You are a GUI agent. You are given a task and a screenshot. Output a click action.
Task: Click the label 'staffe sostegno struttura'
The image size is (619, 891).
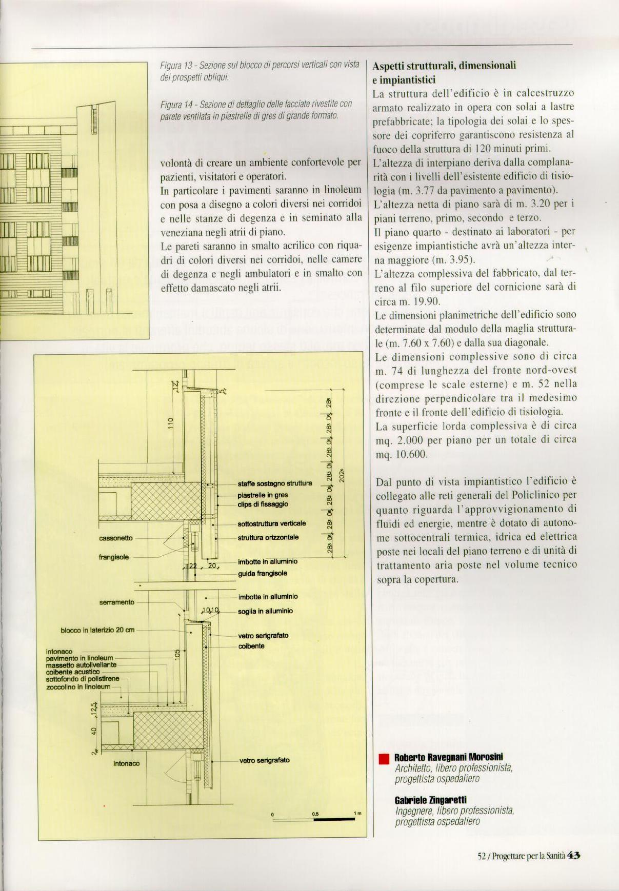tap(274, 483)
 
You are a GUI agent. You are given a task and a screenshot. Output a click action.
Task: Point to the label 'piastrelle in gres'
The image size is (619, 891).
tap(263, 495)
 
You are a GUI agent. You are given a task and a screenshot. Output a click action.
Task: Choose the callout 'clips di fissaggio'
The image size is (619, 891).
tap(263, 504)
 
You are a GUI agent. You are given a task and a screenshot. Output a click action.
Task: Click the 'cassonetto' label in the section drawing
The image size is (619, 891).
tap(115, 538)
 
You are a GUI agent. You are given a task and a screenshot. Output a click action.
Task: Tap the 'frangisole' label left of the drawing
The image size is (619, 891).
tap(113, 557)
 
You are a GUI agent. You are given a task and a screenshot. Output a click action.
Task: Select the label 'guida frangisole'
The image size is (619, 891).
tap(262, 574)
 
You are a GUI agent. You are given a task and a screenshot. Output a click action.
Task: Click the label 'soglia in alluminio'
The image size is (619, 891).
tap(265, 611)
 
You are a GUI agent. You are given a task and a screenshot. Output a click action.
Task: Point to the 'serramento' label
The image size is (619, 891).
tap(116, 602)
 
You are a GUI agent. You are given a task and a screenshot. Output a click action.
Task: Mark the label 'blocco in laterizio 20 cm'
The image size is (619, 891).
tap(97, 630)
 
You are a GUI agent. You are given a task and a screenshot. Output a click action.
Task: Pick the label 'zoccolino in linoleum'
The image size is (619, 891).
tap(78, 686)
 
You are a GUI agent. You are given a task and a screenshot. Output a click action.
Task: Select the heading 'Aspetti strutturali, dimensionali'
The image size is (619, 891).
tap(444, 66)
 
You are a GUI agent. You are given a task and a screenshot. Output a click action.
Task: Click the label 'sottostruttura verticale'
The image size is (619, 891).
tap(271, 523)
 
